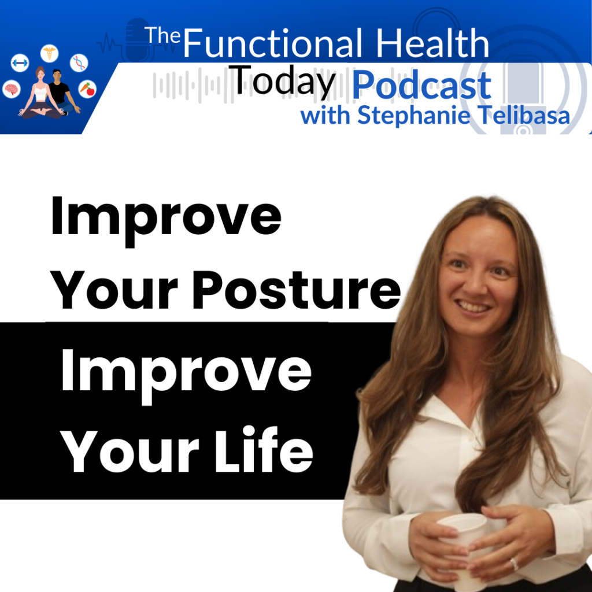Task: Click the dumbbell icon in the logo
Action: tap(20, 62)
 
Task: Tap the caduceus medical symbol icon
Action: tap(50, 53)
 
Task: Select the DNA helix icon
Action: tap(79, 62)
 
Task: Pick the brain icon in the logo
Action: tap(12, 90)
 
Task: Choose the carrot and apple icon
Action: tap(87, 89)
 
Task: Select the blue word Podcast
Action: tap(421, 86)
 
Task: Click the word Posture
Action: tap(297, 290)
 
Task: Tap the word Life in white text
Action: tap(264, 449)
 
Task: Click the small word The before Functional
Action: tap(162, 35)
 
